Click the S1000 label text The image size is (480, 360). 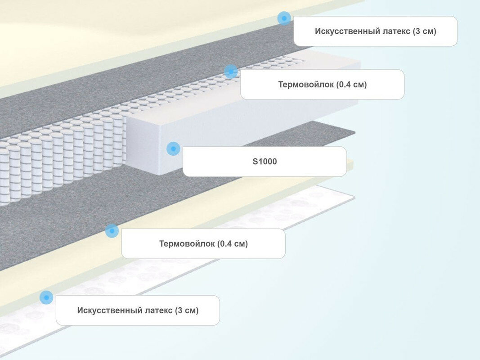coord(265,161)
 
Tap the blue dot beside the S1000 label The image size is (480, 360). coord(173,148)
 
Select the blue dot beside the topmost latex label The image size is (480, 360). coord(284,18)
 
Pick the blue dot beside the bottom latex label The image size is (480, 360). coord(46,297)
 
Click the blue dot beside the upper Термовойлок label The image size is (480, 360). coord(231,71)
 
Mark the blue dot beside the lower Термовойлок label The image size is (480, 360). coord(112,231)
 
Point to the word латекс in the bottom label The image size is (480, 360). coord(157,310)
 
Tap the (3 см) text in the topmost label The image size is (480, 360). coord(424,31)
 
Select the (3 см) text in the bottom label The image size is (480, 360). coord(187,310)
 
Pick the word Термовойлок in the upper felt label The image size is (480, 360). coord(305,84)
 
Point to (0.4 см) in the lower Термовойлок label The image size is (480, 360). coord(233,244)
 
